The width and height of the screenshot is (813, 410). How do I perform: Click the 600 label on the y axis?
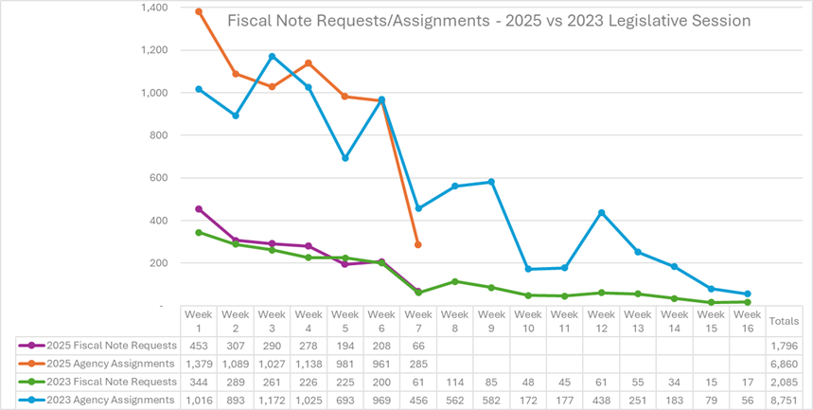point(161,178)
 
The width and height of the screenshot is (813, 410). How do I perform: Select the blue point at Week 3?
point(273,56)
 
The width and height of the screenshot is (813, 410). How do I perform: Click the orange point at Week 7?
point(418,245)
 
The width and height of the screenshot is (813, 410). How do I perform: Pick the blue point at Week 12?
point(601,213)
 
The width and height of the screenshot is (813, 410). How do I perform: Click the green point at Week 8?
point(455,281)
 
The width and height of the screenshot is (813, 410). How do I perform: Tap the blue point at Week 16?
point(747,294)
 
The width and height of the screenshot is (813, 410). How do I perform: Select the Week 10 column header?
point(528,319)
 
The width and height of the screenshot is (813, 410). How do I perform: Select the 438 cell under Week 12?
point(601,400)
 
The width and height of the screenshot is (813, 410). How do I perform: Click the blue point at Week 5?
point(345,158)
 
